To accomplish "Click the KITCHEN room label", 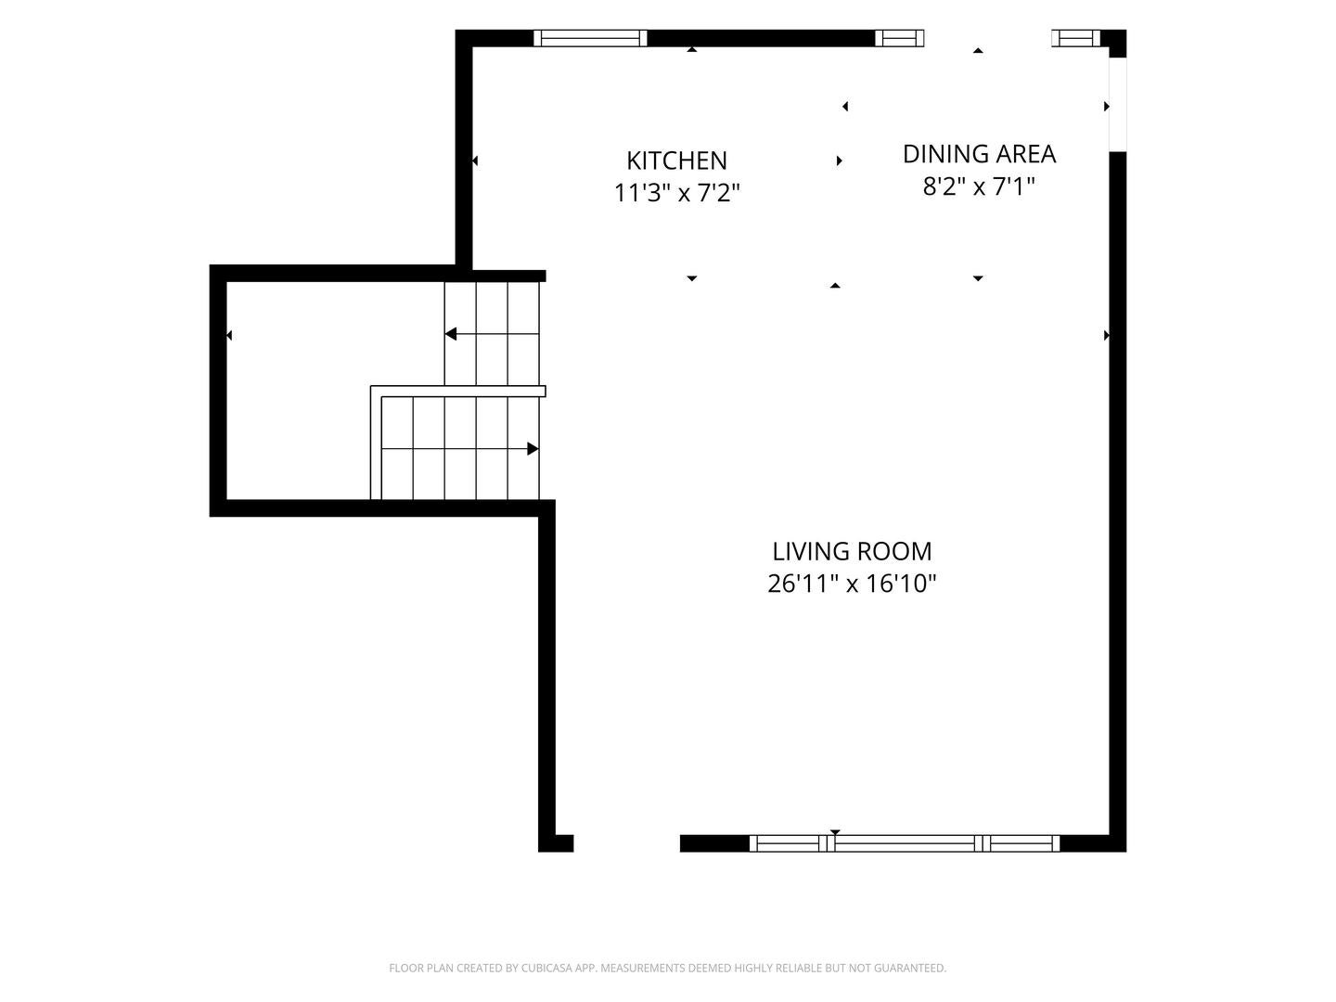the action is click(x=676, y=161).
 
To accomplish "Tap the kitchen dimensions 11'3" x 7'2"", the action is click(x=676, y=194).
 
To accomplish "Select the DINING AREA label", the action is click(x=979, y=154).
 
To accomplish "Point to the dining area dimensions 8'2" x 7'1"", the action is click(x=979, y=186).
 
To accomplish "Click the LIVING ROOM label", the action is click(x=852, y=551).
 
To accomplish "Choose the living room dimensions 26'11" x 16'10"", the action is click(x=852, y=584).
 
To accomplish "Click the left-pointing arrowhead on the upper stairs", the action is click(x=450, y=334).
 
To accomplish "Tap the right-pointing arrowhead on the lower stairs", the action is click(x=533, y=449).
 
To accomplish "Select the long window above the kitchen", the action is click(x=590, y=38).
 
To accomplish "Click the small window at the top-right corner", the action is click(x=1075, y=38).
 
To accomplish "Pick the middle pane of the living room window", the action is click(x=904, y=843).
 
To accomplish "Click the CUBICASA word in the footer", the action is click(x=547, y=968).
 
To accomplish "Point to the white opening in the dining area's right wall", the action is click(x=1117, y=105).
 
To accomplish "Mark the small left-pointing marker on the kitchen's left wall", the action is click(x=475, y=161).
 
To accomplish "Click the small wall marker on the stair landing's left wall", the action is click(x=229, y=335).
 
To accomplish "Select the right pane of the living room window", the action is click(x=1021, y=843).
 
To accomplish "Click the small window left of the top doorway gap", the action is click(x=900, y=38).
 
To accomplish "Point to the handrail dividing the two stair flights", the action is click(x=457, y=391).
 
